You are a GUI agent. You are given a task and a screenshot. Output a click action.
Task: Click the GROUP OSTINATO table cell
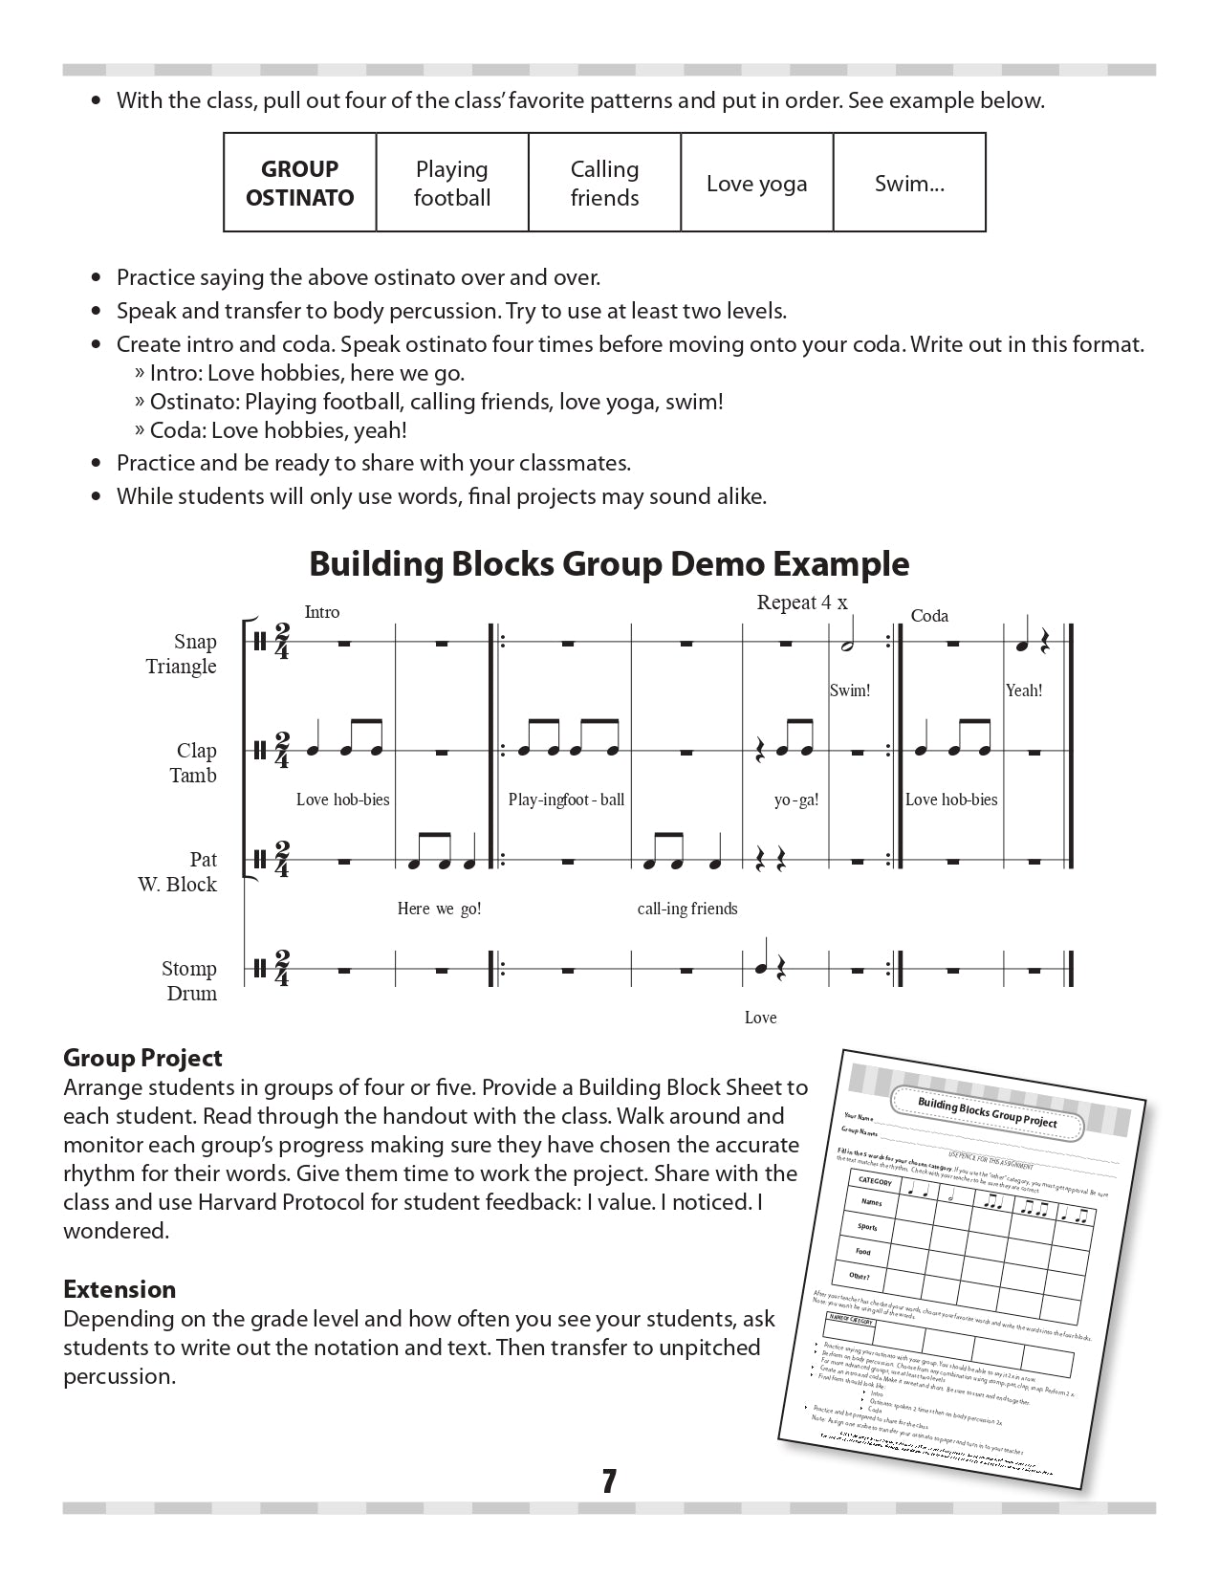click(x=299, y=183)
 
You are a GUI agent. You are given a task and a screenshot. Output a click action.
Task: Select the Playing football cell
click(x=452, y=183)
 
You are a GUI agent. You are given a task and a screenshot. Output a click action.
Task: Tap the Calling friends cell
click(x=604, y=183)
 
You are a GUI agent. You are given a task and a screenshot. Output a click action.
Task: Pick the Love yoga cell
click(x=756, y=184)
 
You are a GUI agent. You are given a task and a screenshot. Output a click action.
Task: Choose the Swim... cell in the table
click(x=909, y=184)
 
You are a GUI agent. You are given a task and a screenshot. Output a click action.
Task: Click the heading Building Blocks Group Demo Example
click(x=609, y=563)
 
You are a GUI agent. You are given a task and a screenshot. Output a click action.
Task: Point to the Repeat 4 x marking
click(x=801, y=603)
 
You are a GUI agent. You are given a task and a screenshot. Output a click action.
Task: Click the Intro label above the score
click(x=322, y=612)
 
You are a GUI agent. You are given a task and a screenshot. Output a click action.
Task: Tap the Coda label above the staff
click(x=929, y=616)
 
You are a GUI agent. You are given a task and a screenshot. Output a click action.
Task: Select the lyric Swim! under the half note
click(x=850, y=690)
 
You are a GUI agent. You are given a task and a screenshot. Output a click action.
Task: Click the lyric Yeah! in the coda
click(x=1024, y=690)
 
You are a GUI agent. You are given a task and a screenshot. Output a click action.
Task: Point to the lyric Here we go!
click(x=439, y=909)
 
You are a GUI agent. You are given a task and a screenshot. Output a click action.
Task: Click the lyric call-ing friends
click(x=687, y=909)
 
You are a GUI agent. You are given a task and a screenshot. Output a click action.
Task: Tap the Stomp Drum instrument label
click(x=189, y=980)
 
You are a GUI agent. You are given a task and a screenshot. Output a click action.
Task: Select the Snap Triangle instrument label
click(x=182, y=653)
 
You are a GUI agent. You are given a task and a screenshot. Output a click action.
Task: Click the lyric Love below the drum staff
click(x=760, y=1018)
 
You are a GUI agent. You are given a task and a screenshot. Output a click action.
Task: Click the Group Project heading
click(x=142, y=1058)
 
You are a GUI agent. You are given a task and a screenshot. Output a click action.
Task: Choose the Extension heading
click(x=120, y=1289)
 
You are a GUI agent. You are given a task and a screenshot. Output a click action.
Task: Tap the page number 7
click(x=609, y=1481)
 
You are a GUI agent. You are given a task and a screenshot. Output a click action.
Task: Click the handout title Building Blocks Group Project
click(x=987, y=1111)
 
